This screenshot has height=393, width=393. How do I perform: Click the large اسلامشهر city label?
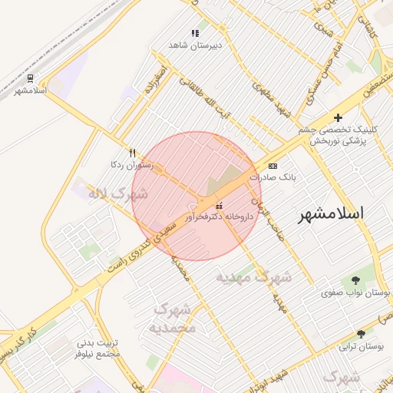(333, 213)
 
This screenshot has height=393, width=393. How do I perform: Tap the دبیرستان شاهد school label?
(195, 45)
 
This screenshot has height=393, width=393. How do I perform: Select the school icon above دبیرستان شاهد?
(195, 33)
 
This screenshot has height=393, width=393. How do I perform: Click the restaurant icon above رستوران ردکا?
(132, 153)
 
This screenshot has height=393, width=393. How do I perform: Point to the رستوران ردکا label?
(132, 165)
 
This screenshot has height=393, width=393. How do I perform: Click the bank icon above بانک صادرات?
(272, 166)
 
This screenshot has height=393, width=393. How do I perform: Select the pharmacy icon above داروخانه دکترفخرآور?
(220, 205)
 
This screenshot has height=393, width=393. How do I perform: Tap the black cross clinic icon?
(338, 117)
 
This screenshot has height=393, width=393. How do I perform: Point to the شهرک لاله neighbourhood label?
(117, 194)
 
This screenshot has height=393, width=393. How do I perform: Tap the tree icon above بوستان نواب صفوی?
(355, 281)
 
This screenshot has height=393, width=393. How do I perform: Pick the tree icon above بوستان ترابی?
(361, 334)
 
